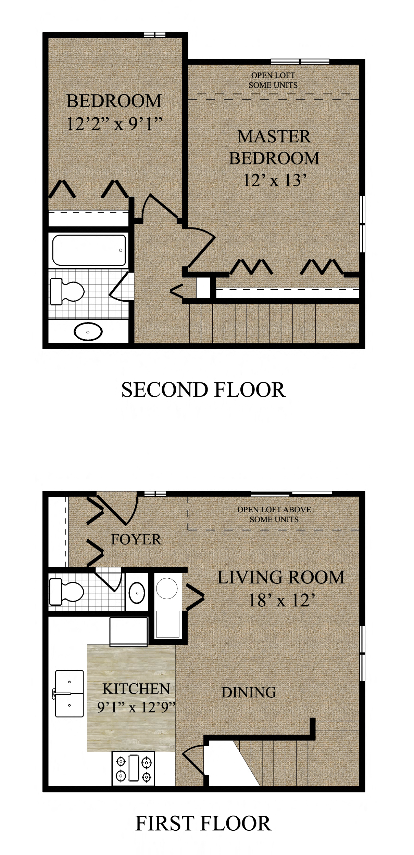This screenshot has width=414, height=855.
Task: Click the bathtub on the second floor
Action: (x=89, y=250)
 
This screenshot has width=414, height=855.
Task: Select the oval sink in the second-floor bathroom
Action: (x=88, y=331)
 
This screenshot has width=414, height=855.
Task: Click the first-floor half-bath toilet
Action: (x=66, y=592)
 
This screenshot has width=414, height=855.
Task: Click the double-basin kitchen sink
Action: (x=70, y=694)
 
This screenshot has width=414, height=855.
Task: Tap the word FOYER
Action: (x=136, y=540)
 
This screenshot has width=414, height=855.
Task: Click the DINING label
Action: (x=249, y=693)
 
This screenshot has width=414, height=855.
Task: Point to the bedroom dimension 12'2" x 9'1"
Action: (x=114, y=124)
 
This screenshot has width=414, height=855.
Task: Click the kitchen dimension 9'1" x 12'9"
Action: (x=136, y=707)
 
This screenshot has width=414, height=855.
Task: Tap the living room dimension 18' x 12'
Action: (x=281, y=600)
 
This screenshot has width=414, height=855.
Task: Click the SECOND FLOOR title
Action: (x=203, y=390)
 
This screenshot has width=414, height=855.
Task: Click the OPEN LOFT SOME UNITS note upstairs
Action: (x=273, y=80)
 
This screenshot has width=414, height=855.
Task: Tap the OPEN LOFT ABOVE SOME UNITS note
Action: (x=274, y=514)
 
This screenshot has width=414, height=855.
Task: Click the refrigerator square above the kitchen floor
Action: (x=129, y=631)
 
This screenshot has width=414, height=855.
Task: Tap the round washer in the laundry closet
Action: (x=167, y=588)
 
